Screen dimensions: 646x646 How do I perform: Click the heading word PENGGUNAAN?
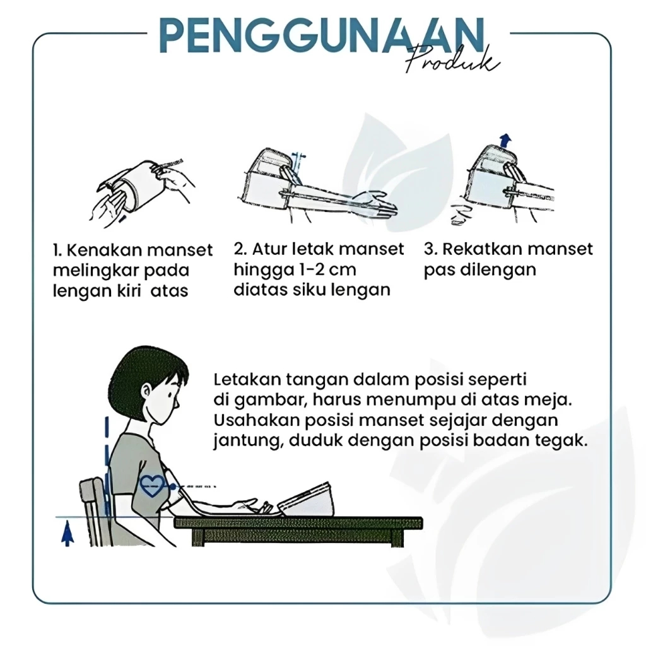(322, 35)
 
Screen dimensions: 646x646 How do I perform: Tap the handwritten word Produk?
(452, 62)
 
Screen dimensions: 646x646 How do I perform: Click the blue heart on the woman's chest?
(152, 486)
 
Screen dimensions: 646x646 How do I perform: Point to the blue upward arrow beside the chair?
(68, 534)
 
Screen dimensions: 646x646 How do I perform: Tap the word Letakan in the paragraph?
(247, 379)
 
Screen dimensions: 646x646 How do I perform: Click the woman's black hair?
(148, 368)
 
